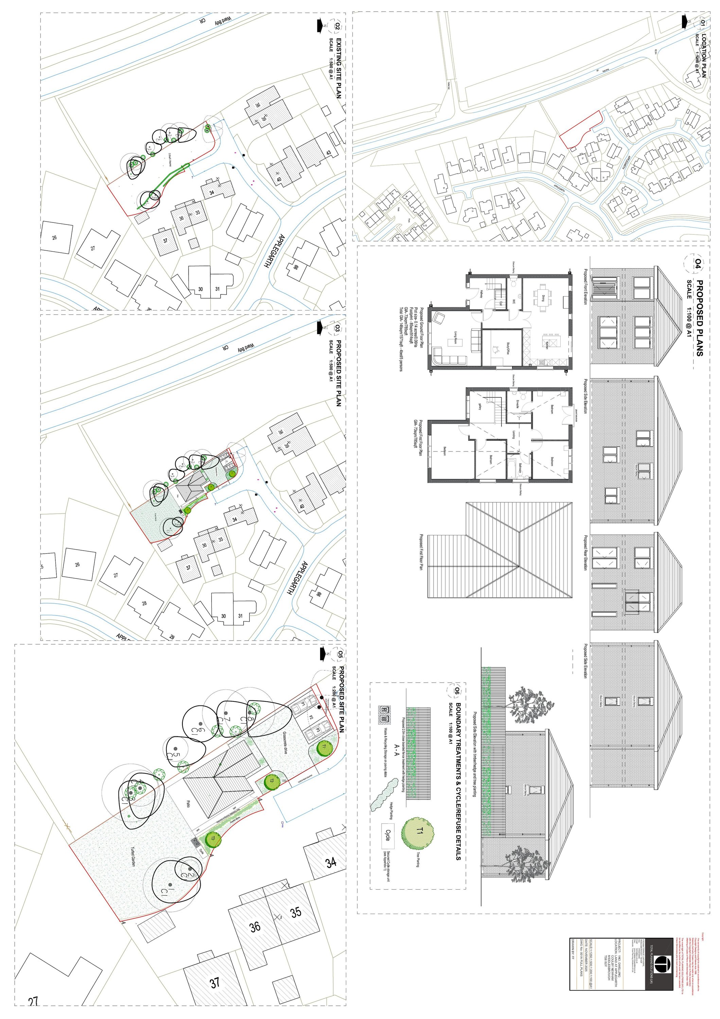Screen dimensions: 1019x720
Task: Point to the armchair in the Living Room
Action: pos(439,318)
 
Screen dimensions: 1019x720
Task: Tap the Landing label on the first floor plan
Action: pos(513,434)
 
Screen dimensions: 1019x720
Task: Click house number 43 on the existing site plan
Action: pos(329,154)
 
